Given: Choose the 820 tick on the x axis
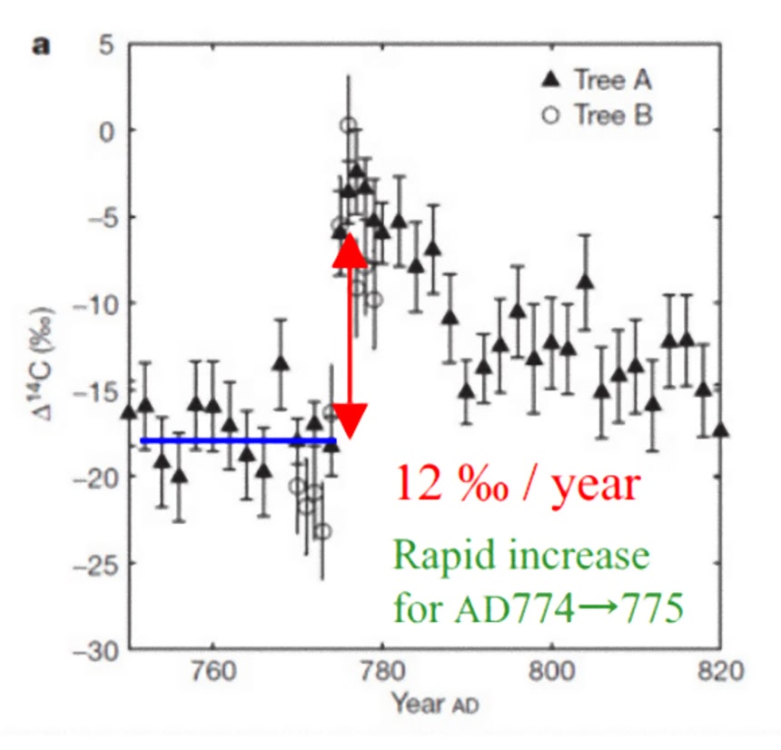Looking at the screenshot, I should coord(722,675).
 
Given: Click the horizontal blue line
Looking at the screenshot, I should coord(236,441).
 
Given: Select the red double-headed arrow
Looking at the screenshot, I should coord(350,336).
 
